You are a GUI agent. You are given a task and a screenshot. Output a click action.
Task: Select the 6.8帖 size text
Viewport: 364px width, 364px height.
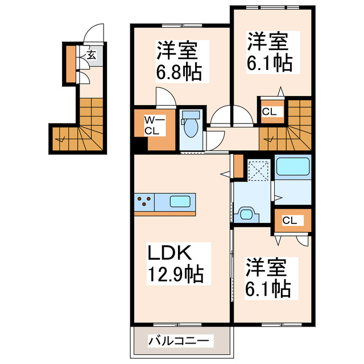[x=179, y=73]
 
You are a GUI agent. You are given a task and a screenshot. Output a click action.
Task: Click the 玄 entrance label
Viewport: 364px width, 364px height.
[x=91, y=55]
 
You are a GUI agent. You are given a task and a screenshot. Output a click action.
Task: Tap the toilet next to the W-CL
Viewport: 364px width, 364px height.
[x=190, y=126]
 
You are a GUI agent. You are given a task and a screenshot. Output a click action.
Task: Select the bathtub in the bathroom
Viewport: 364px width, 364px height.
[x=292, y=167]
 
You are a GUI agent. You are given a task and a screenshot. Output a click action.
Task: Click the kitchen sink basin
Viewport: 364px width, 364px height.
[x=181, y=201]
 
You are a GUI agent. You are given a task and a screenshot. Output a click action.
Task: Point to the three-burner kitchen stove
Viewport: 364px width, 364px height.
[x=144, y=201]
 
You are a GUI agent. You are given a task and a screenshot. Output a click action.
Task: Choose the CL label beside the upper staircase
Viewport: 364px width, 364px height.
[x=269, y=111]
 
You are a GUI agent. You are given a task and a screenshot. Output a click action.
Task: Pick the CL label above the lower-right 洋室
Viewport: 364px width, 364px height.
[x=289, y=221]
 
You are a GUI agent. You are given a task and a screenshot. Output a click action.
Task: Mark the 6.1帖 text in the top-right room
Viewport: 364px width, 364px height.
[x=269, y=63]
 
